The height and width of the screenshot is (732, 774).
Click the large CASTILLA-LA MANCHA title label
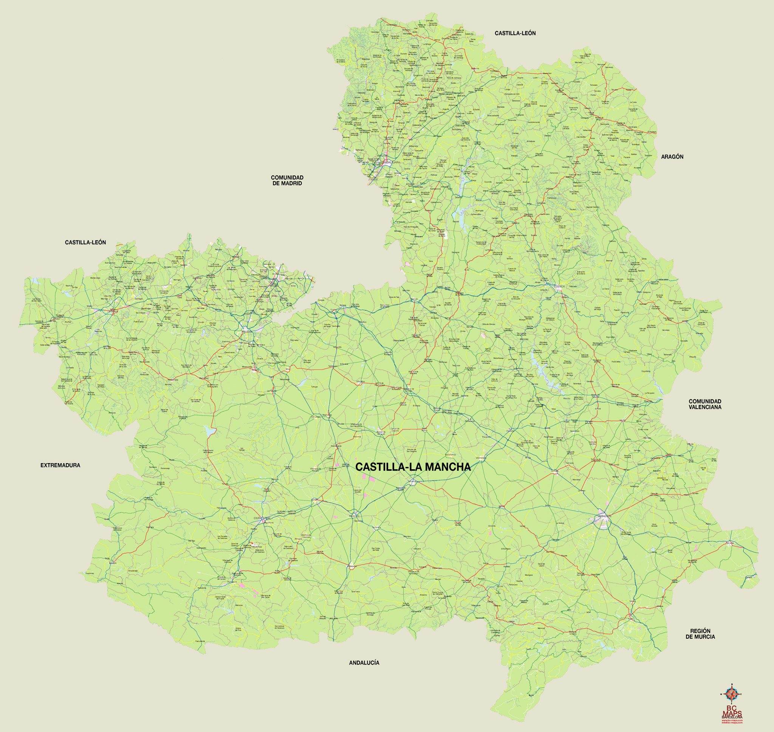tap(413, 467)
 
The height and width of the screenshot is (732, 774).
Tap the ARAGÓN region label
tap(672, 157)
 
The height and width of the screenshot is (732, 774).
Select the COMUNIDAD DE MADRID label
tap(287, 180)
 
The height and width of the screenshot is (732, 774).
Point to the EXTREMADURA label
tap(60, 465)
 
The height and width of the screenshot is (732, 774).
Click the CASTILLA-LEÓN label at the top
tap(515, 34)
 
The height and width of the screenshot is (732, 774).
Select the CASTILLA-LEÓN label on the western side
tap(85, 242)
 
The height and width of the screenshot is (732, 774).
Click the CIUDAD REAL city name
tap(262, 518)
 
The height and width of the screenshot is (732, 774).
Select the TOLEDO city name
tap(246, 332)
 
